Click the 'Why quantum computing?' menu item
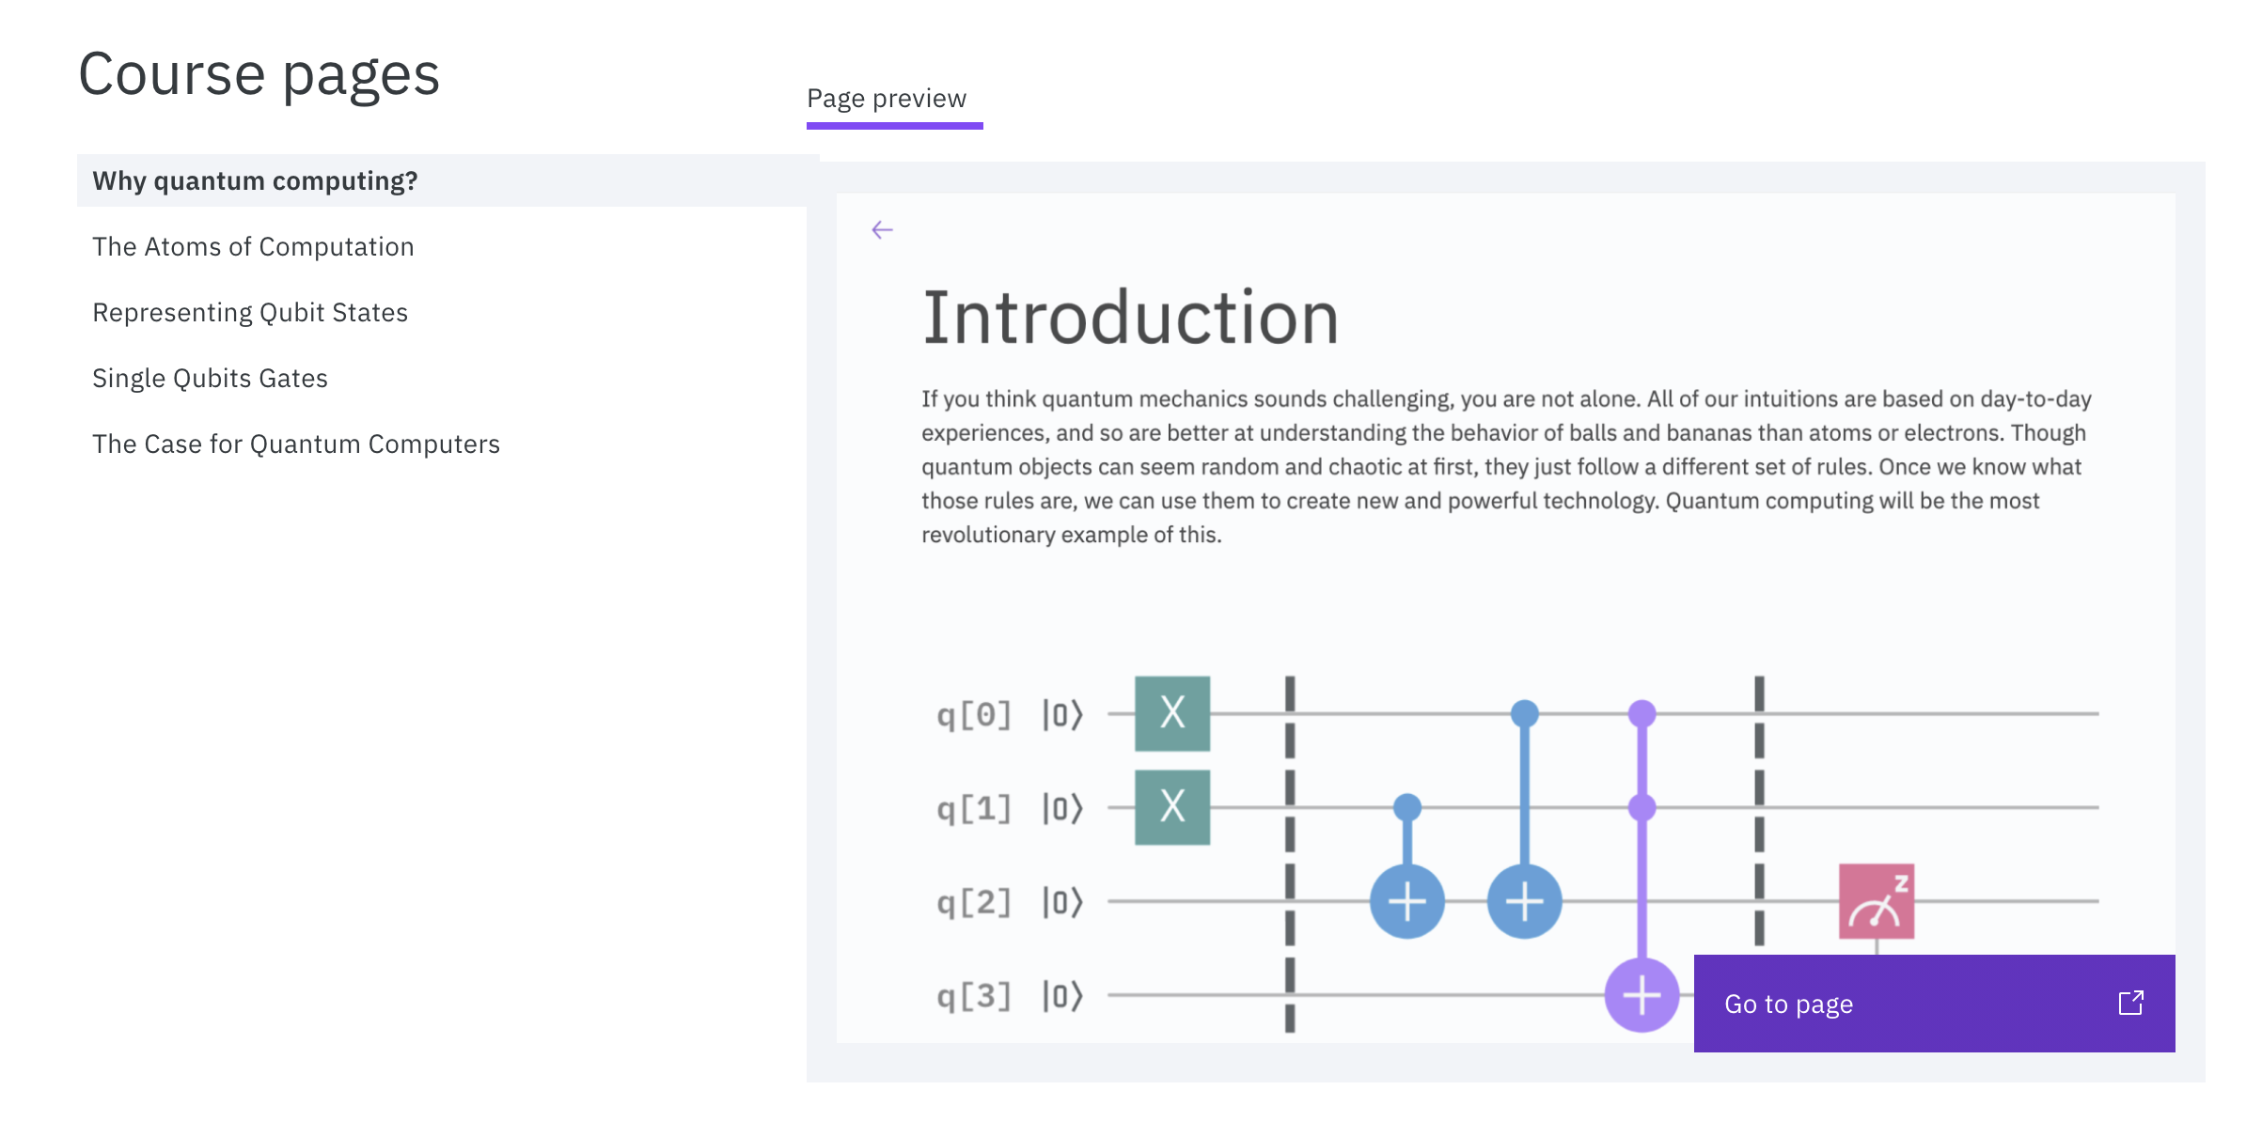(x=255, y=180)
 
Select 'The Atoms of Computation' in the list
(x=253, y=246)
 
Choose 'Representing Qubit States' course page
(x=250, y=312)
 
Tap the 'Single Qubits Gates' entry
(x=210, y=378)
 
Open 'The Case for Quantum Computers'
(x=296, y=444)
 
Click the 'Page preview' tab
(x=887, y=99)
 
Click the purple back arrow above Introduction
(x=882, y=230)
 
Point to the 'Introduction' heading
(x=1130, y=318)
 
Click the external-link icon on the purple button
(x=2130, y=1003)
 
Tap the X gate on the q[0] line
(x=1172, y=713)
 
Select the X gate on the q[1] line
(x=1172, y=807)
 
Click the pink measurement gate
(x=1877, y=901)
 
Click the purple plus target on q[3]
(x=1642, y=995)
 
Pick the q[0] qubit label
(x=974, y=715)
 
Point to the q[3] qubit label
(x=974, y=996)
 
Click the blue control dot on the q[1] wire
(x=1407, y=807)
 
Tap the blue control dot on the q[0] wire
(x=1525, y=713)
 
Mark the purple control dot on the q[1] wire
(x=1642, y=807)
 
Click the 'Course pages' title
(x=259, y=74)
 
